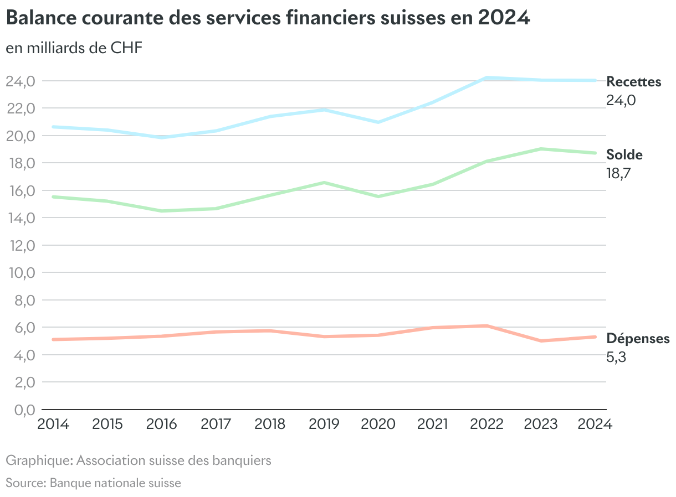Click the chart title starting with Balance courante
coord(268,18)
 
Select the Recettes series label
coord(634,82)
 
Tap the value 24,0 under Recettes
coord(621,101)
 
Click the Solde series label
coord(624,154)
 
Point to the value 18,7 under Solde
coord(619,173)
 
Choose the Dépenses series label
coord(638,338)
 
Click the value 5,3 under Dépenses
coord(616,357)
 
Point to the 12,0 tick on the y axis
coord(21,245)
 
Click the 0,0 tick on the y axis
coord(21,410)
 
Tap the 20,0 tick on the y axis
coord(21,136)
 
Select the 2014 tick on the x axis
coord(53,424)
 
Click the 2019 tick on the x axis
coord(324,424)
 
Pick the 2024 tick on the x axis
coord(595,424)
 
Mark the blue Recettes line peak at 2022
coord(487,78)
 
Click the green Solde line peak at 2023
coord(541,149)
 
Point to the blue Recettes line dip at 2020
coord(378,122)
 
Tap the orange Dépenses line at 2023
coord(541,340)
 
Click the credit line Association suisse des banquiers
coord(139,460)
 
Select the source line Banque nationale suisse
coord(93,483)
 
